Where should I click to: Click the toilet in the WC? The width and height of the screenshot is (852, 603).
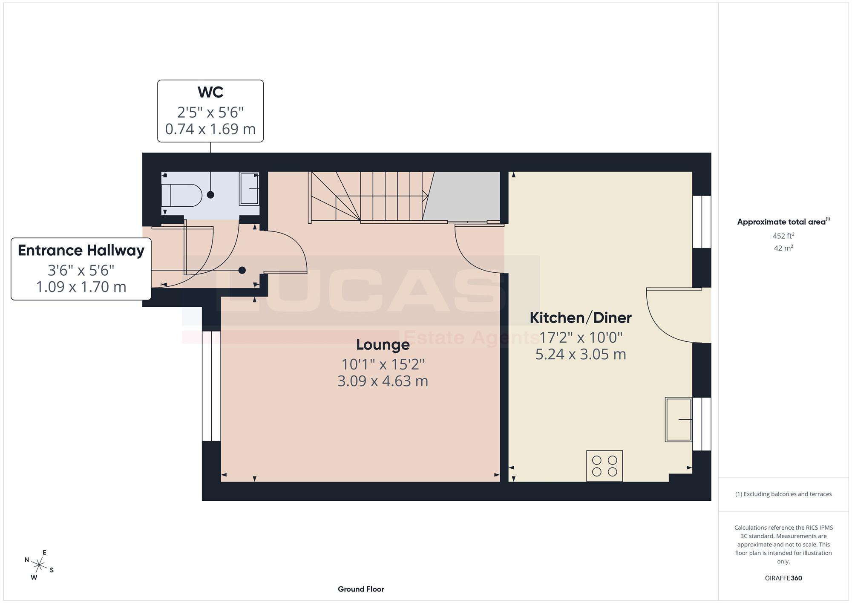[181, 195]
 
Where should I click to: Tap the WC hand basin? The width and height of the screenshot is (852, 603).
[249, 188]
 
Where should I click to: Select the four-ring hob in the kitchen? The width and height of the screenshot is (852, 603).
[604, 466]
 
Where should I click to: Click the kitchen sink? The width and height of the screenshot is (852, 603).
[678, 419]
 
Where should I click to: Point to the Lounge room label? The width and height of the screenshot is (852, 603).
[383, 344]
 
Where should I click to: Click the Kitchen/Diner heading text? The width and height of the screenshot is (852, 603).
[580, 317]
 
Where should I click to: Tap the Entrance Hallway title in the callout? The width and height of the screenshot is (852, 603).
[81, 250]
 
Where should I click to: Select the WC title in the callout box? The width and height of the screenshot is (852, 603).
[210, 92]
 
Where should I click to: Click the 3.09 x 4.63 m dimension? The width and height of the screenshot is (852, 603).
[383, 381]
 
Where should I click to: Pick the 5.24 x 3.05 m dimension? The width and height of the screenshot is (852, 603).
[581, 355]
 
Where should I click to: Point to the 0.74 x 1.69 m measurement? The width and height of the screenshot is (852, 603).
[210, 129]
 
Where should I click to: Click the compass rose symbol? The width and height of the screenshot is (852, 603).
[39, 565]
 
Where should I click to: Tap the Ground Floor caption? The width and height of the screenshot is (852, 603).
[361, 589]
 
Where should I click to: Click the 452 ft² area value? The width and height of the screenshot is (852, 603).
[783, 236]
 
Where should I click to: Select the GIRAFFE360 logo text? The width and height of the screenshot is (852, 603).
[783, 578]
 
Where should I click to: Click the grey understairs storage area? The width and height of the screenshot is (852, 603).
[464, 196]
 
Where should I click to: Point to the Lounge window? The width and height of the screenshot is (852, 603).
[211, 386]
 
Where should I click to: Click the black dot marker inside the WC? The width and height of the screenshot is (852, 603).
[210, 195]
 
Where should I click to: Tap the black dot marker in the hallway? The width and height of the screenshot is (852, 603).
[242, 270]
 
